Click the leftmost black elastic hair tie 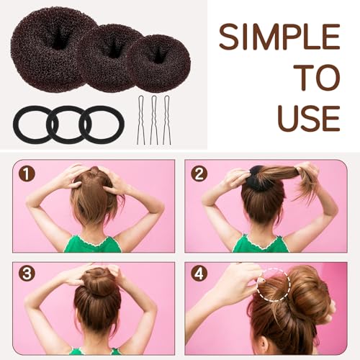(30, 124)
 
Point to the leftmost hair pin (142, 119)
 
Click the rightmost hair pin (167, 119)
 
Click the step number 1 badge (27, 174)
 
